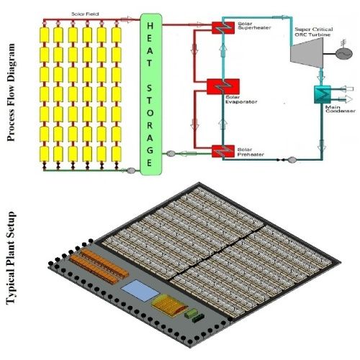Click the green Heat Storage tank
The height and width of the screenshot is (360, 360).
(x=150, y=93)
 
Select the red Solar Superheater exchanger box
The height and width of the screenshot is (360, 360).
(x=220, y=29)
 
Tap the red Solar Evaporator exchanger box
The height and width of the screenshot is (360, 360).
(x=217, y=87)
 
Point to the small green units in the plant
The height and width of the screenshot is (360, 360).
(x=193, y=315)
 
